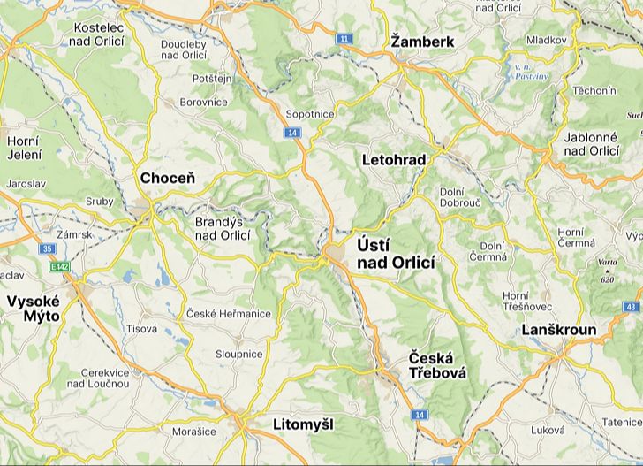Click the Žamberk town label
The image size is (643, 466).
tap(422, 42)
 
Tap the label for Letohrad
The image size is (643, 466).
tap(394, 160)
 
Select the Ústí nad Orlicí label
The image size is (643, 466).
tap(397, 253)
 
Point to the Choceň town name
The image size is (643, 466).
tap(168, 179)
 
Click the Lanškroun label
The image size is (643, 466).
tap(559, 330)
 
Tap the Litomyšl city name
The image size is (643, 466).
tap(304, 425)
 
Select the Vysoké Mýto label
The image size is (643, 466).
tap(33, 309)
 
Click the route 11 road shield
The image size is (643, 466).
tap(344, 39)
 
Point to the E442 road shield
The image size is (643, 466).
tap(59, 266)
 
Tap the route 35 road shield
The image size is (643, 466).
tap(47, 249)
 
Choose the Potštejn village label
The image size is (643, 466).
tap(211, 79)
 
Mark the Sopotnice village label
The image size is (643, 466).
tap(310, 115)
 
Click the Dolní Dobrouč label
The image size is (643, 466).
tap(460, 196)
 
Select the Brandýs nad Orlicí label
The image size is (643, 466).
tap(223, 229)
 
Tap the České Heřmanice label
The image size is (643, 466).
tap(229, 314)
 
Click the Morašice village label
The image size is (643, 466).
tap(193, 432)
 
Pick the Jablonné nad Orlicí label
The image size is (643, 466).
tap(591, 144)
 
